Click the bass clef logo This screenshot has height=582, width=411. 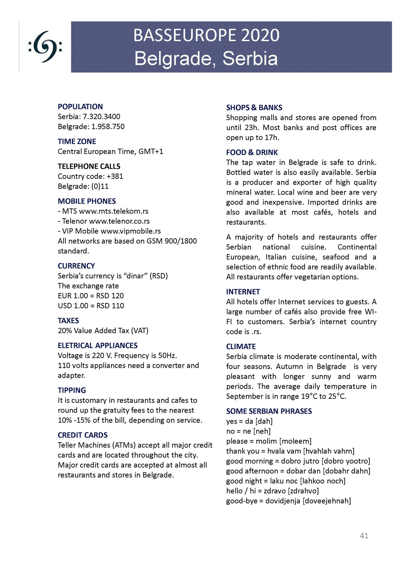[x=45, y=47]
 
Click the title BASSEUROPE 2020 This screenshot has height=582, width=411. [x=206, y=35]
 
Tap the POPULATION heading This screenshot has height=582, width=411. [x=80, y=107]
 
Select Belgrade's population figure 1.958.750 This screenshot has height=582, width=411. [x=108, y=127]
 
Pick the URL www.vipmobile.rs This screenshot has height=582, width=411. [x=131, y=231]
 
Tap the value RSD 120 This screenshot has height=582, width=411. [x=110, y=296]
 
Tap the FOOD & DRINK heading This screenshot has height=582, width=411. [x=252, y=152]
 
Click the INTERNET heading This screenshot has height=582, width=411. [x=243, y=292]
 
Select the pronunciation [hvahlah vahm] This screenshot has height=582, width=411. [x=329, y=451]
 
